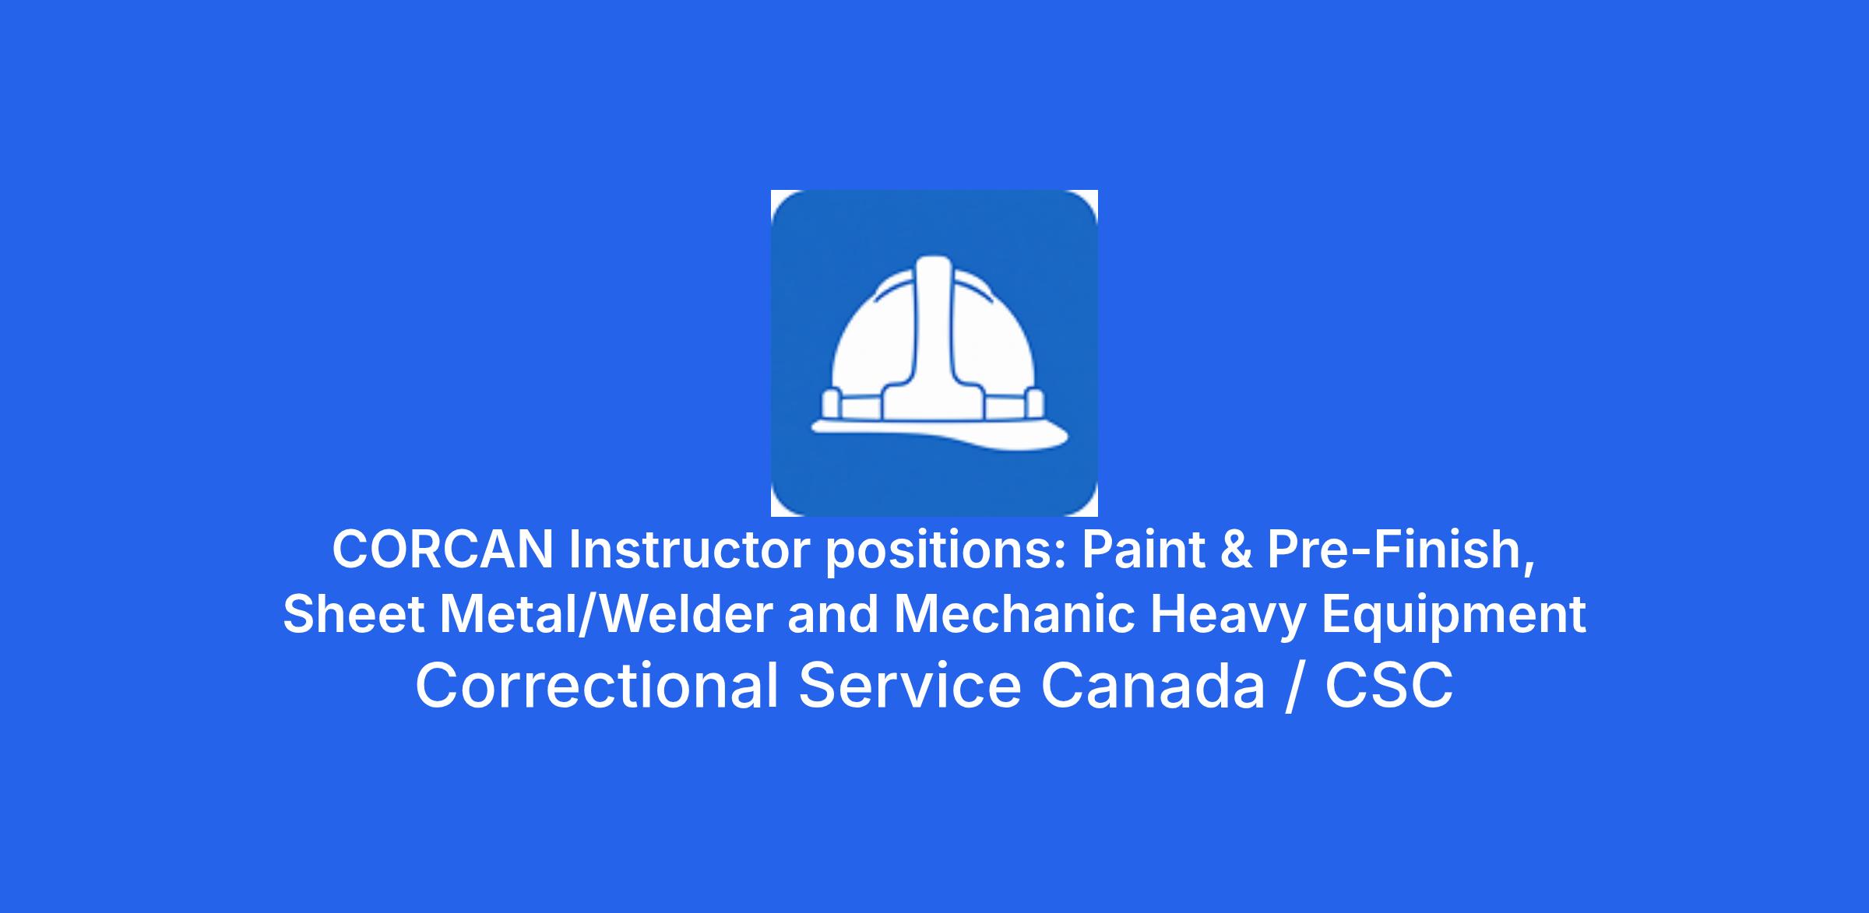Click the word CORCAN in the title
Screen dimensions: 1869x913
tap(442, 549)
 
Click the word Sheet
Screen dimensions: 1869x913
tap(354, 613)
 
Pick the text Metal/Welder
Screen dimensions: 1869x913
tap(606, 613)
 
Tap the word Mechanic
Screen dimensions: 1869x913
tap(1014, 613)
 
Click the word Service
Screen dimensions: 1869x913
tap(910, 686)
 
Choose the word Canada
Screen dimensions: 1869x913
tap(1153, 686)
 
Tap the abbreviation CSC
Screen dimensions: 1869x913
tap(1389, 686)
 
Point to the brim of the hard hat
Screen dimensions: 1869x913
tap(941, 434)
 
